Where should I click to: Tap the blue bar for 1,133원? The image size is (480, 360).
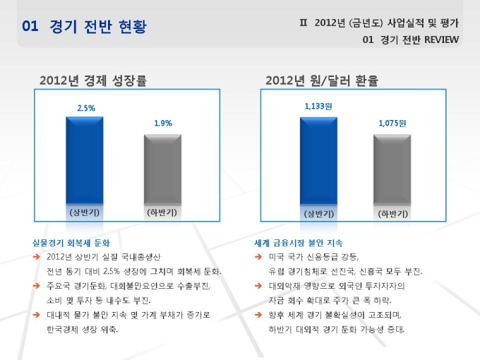318,161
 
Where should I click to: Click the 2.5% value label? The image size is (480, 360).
86,108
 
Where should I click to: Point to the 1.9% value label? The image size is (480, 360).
163,124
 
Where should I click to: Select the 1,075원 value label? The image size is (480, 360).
392,124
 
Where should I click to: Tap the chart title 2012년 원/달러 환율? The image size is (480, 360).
322,80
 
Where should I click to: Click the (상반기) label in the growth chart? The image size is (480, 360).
85,212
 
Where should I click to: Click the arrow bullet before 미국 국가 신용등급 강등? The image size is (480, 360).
260,257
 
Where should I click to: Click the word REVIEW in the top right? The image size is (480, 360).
441,40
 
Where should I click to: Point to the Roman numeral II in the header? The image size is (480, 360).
304,23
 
